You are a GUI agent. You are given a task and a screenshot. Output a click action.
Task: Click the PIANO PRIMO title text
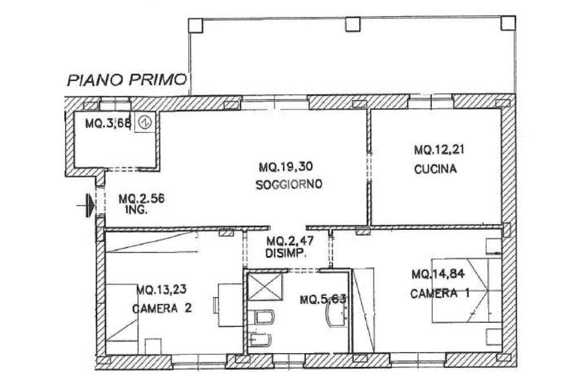pos(127,79)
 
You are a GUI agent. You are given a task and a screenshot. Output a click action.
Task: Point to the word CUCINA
pos(436,169)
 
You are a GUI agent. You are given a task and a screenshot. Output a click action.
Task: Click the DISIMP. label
pos(286,253)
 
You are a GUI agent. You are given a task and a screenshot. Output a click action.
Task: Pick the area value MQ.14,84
pos(438,274)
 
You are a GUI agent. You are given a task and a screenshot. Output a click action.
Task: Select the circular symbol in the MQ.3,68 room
pos(145,122)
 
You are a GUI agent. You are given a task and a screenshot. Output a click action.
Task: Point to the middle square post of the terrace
pos(352,24)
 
